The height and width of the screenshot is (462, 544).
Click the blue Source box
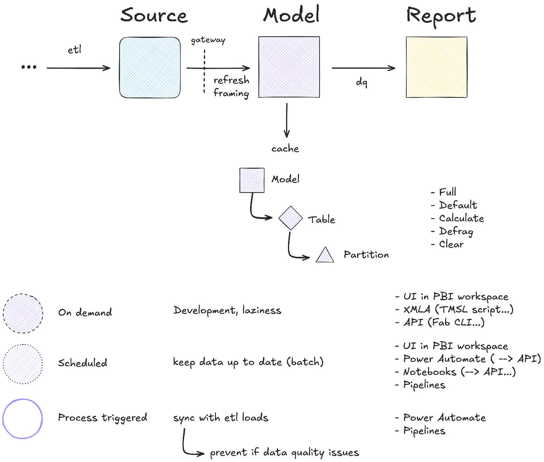[x=150, y=67]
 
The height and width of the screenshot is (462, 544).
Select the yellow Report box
[x=436, y=67]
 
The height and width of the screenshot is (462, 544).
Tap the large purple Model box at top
[x=289, y=67]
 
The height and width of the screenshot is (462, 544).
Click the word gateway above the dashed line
[x=208, y=40]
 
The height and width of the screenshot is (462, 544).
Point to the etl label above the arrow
[x=75, y=50]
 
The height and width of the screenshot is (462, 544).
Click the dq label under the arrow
[x=362, y=82]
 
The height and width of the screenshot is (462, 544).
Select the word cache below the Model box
[x=285, y=149]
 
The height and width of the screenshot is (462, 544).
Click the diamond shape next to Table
[x=290, y=218]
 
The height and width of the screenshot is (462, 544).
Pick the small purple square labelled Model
[x=252, y=180]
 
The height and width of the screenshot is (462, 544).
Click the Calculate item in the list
[x=461, y=218]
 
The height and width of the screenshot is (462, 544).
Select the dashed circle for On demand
[x=23, y=314]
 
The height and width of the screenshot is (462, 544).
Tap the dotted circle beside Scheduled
[x=23, y=364]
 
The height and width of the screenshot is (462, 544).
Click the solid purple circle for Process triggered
[x=22, y=419]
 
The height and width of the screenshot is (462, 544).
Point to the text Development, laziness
[x=227, y=310]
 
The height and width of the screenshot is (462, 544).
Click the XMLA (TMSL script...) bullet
[x=458, y=309]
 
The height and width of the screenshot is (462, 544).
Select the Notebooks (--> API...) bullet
[x=459, y=372]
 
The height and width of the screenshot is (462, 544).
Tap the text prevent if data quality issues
[x=284, y=452]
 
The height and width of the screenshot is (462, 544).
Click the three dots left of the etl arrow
[x=29, y=67]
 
